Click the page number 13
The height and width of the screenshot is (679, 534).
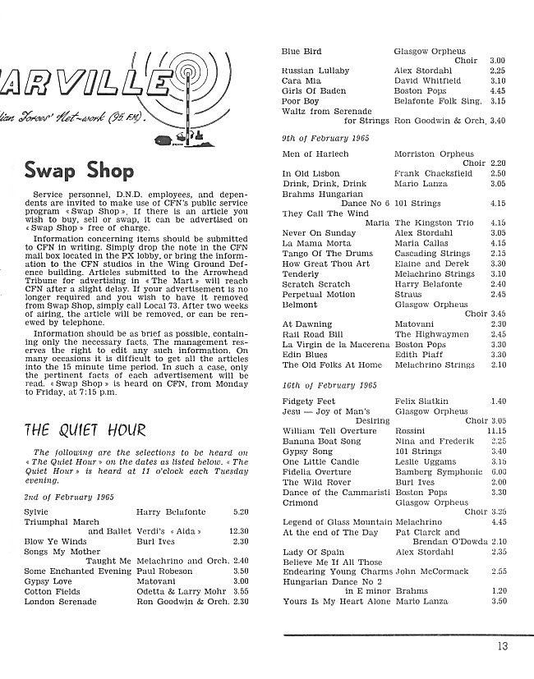tap(502, 646)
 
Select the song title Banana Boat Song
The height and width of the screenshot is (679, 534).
tap(321, 441)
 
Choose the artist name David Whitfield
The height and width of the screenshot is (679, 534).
tap(427, 81)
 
